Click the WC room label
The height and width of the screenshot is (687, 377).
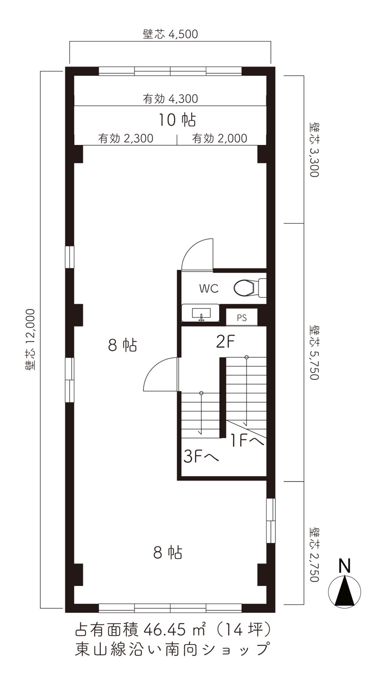[209, 288]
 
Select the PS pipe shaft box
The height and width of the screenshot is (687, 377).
[242, 318]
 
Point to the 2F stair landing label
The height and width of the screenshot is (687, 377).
[225, 342]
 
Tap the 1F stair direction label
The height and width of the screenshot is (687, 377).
[247, 440]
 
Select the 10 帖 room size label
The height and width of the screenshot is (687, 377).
[177, 120]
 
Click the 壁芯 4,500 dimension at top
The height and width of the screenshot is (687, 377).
[170, 34]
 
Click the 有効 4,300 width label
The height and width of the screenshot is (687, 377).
[170, 99]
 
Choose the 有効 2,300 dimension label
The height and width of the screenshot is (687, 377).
[126, 138]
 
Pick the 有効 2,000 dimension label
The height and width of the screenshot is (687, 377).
[220, 138]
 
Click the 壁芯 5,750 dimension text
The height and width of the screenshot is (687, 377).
[314, 352]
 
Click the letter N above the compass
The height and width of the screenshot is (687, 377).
[344, 566]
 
